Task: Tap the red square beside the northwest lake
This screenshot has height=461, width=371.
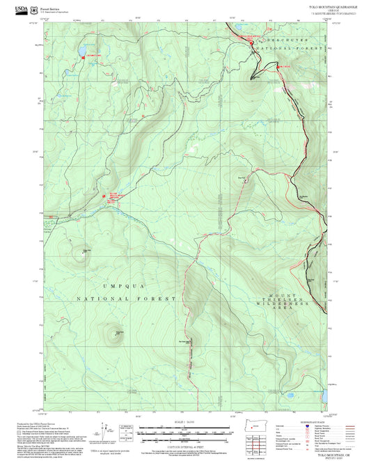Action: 84,58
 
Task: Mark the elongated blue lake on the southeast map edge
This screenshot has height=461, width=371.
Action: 323,396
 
